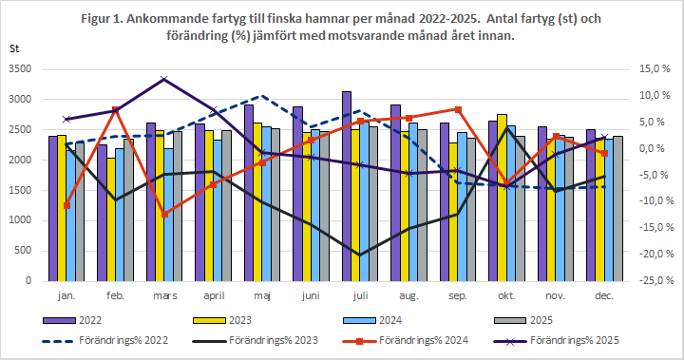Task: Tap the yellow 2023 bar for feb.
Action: coord(112,219)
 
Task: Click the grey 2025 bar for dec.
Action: coord(618,208)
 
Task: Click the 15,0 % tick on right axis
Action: coord(655,69)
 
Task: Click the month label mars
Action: coord(164,297)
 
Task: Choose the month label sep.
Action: coord(456,297)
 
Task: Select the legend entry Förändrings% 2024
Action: coord(446,339)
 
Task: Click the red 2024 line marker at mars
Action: coord(164,214)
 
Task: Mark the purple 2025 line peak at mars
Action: coord(164,79)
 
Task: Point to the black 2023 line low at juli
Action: coord(358,255)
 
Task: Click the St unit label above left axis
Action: coord(14,47)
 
